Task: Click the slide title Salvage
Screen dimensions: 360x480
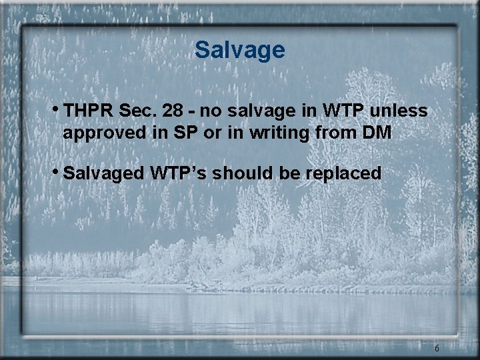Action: (x=240, y=50)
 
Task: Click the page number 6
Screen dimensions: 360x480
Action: (x=436, y=347)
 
